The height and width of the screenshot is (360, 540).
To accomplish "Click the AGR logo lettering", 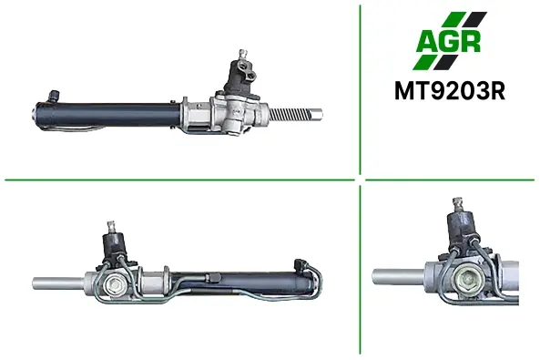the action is (448, 41).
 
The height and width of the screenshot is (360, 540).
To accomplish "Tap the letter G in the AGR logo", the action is (448, 41).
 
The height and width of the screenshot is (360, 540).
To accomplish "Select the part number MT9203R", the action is (450, 91).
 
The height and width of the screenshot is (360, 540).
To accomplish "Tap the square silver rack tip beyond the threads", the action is (317, 114).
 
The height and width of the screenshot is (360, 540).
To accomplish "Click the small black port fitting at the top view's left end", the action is (54, 96).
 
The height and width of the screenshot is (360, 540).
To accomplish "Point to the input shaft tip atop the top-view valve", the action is (243, 55).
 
